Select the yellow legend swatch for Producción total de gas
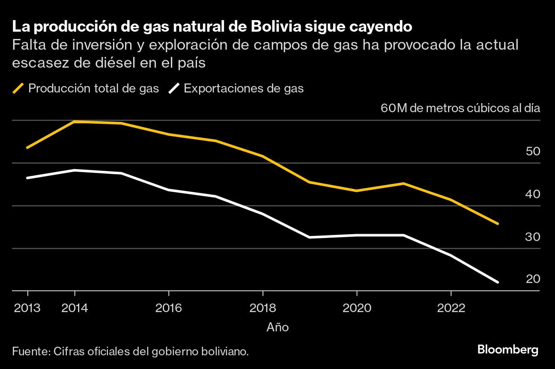(18, 89)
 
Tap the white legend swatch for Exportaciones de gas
(174, 89)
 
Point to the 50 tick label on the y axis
(532, 152)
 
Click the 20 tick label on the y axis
(532, 279)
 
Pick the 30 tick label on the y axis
(532, 237)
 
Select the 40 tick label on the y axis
(532, 194)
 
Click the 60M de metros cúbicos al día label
(460, 108)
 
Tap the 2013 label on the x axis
(27, 308)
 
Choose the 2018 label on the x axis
(263, 308)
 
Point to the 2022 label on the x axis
(451, 308)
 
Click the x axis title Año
(277, 327)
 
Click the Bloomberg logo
(507, 350)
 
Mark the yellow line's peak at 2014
(75, 122)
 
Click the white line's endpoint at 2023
(497, 282)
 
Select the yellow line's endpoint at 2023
(497, 223)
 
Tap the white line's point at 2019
(310, 237)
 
